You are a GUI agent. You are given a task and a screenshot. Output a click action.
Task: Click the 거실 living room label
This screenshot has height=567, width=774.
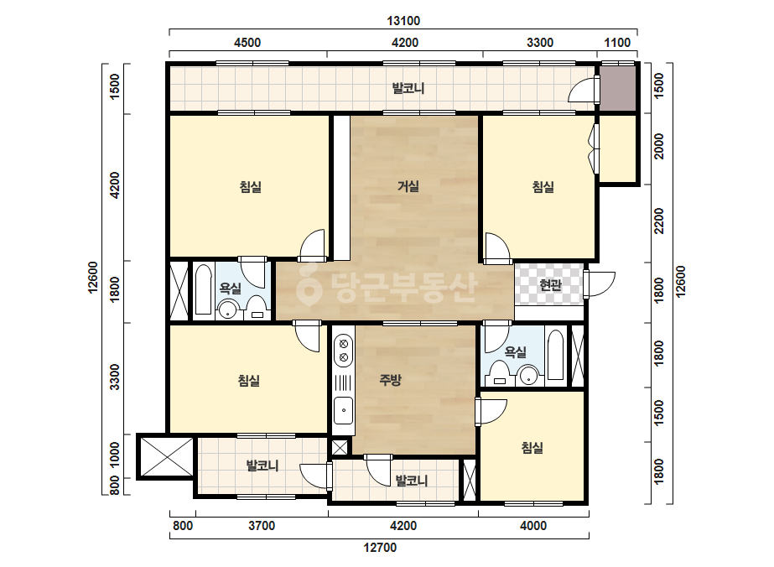pos(408,186)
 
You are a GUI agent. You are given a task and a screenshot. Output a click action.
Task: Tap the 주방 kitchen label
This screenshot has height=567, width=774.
pos(390,380)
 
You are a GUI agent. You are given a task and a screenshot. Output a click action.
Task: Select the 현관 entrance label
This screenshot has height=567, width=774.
pos(550,285)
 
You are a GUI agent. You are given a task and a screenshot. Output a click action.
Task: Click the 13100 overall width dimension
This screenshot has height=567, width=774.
pos(403,21)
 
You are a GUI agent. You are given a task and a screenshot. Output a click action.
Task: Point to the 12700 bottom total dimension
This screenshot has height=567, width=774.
pos(380,547)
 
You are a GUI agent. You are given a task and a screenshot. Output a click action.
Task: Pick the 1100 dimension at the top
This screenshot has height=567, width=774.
pos(617,43)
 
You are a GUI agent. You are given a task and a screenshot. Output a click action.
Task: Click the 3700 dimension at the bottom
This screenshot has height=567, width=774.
pos(262,526)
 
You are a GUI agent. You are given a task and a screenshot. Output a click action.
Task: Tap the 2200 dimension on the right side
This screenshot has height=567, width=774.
pos(659,221)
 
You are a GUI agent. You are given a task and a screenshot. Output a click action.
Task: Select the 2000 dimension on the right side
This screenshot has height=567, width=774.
pos(659,146)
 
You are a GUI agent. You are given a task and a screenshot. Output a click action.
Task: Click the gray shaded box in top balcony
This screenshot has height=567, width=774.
pos(617,88)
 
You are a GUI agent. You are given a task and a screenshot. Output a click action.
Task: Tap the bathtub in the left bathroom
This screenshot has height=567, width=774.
pos(204,289)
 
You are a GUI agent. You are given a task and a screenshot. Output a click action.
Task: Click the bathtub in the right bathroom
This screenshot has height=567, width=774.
pos(555,355)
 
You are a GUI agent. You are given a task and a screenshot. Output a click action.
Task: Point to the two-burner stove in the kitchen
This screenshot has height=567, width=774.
pos(344,351)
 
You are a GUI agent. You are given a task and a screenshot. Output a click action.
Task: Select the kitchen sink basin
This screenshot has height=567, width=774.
pos(344,410)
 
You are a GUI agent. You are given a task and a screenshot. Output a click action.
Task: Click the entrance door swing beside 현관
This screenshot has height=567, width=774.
pos(600,284)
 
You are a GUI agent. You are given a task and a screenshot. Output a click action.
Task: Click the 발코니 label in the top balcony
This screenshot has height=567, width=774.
pos(408,88)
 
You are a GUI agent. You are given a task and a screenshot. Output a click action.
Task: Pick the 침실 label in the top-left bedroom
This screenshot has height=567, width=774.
pos(250,187)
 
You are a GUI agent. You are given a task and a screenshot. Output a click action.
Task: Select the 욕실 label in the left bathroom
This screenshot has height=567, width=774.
pos(230,288)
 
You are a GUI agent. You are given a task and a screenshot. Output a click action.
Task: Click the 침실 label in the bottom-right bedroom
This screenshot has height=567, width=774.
pos(532,448)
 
